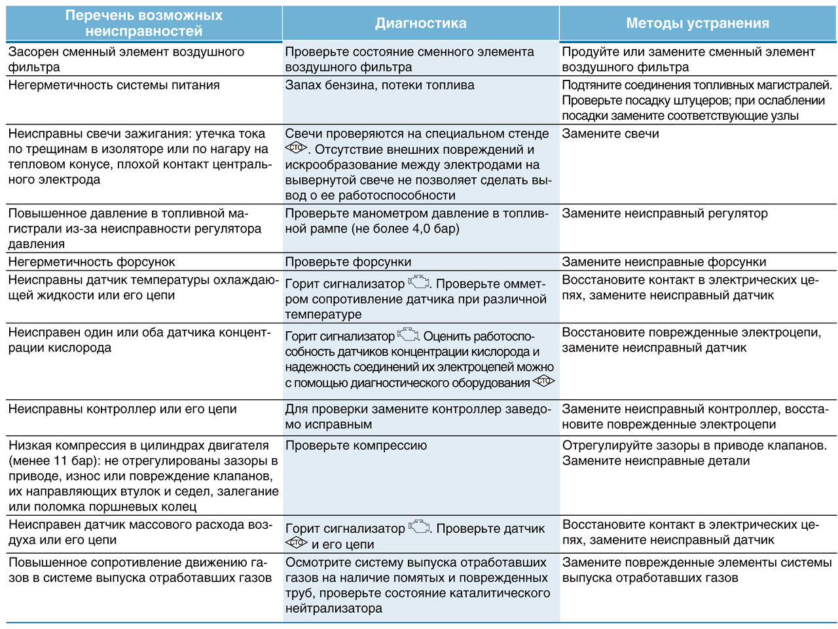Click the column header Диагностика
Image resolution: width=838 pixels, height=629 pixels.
[x=420, y=24]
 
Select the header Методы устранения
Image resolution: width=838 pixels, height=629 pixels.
[x=697, y=24]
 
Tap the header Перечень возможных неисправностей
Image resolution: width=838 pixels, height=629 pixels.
[x=144, y=24]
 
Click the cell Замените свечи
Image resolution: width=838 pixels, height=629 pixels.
[x=610, y=134]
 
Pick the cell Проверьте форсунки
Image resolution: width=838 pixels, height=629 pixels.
[x=348, y=262]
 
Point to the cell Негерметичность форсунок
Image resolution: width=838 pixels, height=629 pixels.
[x=92, y=262]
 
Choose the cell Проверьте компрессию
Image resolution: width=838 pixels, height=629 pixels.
[x=355, y=446]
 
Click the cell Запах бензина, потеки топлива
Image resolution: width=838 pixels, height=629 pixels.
[x=380, y=85]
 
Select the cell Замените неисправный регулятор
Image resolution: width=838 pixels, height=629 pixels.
[x=665, y=213]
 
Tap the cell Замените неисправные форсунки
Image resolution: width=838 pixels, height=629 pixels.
[x=664, y=262]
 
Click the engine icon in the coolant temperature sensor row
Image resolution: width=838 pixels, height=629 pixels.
[x=419, y=283]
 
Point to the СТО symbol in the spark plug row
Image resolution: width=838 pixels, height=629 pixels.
[x=296, y=149]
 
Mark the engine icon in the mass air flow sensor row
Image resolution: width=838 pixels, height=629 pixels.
[x=419, y=527]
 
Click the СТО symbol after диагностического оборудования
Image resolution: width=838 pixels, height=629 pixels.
[x=543, y=382]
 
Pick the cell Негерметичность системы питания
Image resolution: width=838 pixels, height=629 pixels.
[x=114, y=85]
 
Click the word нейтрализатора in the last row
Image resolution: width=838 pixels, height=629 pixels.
[x=333, y=609]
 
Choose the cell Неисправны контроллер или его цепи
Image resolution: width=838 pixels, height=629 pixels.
[x=122, y=410]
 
